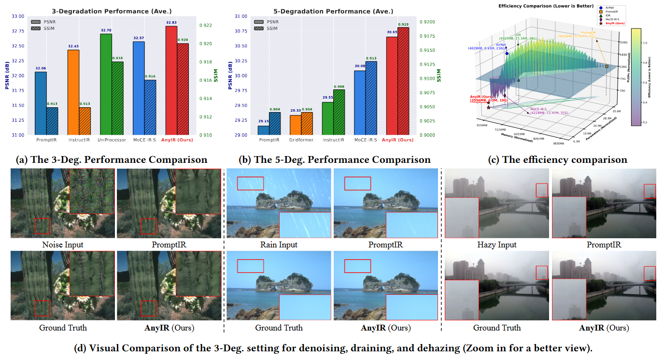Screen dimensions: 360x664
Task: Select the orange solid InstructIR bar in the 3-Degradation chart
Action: [x=74, y=92]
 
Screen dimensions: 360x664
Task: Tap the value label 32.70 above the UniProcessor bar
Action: [x=106, y=30]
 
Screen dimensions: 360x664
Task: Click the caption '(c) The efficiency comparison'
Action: [x=558, y=159]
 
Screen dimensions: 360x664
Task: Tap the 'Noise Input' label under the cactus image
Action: [x=63, y=245]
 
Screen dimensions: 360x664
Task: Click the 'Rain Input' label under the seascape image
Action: [x=279, y=245]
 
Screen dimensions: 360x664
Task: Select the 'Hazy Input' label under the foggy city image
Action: [x=496, y=245]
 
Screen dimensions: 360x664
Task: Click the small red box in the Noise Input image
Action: [x=42, y=226]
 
